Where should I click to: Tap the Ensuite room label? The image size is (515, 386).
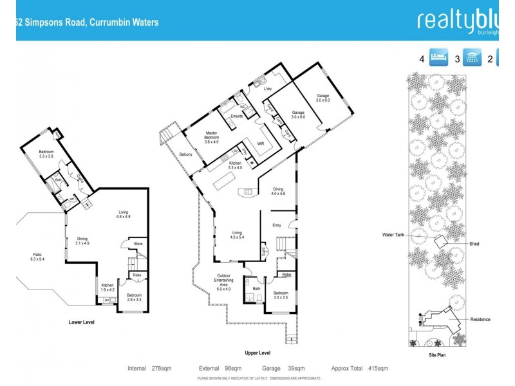pyautogui.click(x=236, y=116)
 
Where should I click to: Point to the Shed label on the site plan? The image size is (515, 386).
pyautogui.click(x=474, y=244)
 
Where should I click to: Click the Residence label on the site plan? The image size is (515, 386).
pyautogui.click(x=480, y=320)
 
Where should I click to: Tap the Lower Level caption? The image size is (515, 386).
pyautogui.click(x=82, y=322)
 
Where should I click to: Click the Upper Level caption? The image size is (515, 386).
pyautogui.click(x=257, y=353)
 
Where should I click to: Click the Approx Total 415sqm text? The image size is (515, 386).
pyautogui.click(x=359, y=369)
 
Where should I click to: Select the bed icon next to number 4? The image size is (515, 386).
pyautogui.click(x=438, y=59)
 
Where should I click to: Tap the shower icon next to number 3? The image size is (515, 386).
pyautogui.click(x=474, y=59)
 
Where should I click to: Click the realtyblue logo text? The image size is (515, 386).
pyautogui.click(x=458, y=21)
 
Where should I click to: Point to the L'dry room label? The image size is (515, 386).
pyautogui.click(x=268, y=89)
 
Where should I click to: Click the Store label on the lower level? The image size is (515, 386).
pyautogui.click(x=138, y=244)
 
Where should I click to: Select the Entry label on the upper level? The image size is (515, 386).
pyautogui.click(x=277, y=225)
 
